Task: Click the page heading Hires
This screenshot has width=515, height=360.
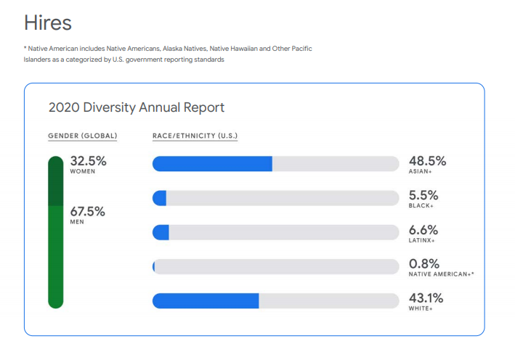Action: click(x=48, y=22)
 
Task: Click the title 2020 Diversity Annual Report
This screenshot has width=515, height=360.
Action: click(x=136, y=107)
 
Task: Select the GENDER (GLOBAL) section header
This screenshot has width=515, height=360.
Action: click(x=82, y=136)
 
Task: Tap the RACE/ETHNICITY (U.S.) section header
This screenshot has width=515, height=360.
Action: click(x=195, y=136)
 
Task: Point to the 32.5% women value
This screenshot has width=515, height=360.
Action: click(x=87, y=161)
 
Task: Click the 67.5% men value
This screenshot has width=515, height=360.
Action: click(x=87, y=212)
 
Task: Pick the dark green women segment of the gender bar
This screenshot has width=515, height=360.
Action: click(x=55, y=181)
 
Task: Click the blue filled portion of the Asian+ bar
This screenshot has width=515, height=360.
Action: click(x=212, y=164)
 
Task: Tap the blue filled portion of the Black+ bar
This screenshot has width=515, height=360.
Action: click(x=160, y=198)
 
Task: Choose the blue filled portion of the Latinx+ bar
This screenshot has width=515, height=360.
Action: click(x=161, y=232)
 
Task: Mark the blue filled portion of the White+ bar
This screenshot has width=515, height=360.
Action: click(x=206, y=300)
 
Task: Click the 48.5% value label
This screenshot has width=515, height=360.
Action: click(x=427, y=161)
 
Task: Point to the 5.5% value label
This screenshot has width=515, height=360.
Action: click(x=423, y=195)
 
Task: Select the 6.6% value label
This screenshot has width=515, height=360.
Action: click(x=423, y=229)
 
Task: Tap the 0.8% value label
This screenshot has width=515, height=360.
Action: click(x=424, y=263)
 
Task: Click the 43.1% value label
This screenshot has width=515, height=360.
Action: click(x=426, y=298)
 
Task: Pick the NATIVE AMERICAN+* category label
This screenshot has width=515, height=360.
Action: click(x=441, y=275)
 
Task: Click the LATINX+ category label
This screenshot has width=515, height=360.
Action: click(x=421, y=240)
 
